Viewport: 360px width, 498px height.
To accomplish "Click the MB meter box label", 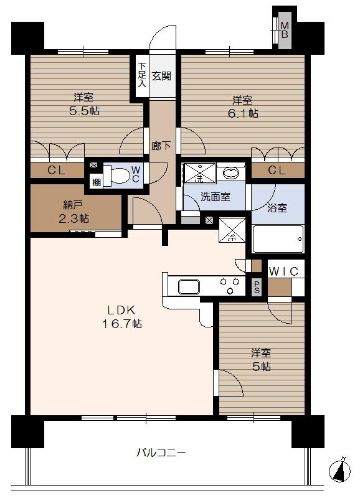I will [284, 29].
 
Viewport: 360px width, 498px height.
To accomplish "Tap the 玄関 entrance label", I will [161, 76].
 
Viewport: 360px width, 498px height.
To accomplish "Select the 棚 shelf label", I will [95, 182].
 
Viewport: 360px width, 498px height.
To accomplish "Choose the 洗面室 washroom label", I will [215, 197].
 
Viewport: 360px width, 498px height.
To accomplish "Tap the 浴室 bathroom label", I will [278, 208].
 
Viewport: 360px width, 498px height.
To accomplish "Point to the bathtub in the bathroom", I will [278, 238].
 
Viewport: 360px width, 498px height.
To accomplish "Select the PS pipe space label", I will [257, 287].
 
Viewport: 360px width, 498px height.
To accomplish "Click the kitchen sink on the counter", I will [189, 287].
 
